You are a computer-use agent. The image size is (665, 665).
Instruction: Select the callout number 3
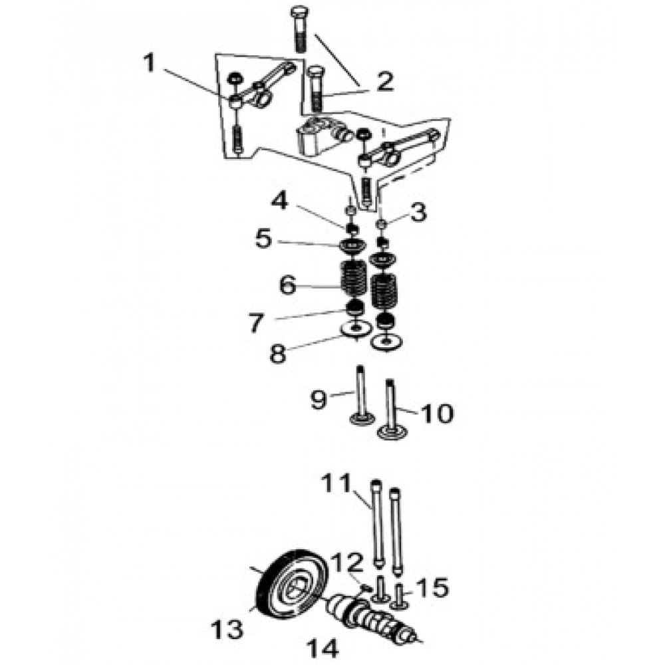418,212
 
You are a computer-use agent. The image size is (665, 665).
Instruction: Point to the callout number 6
287,285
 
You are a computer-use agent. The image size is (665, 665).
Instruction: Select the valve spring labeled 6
354,279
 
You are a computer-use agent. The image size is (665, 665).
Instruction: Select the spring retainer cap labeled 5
353,247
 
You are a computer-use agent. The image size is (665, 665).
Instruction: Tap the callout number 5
263,239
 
